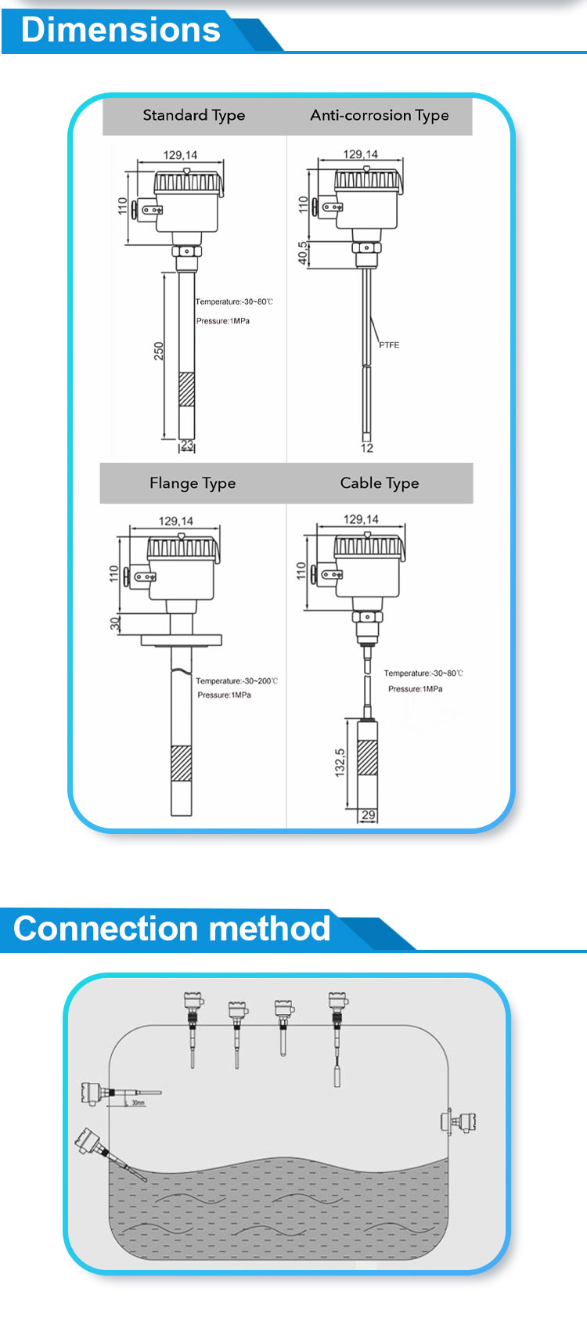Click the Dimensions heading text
pos(121,30)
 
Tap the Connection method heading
pos(172,929)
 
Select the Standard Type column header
pos(193,115)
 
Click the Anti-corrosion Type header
pos(379,115)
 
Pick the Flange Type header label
pos(193,483)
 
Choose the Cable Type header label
pos(379,483)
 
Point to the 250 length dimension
pos(159,350)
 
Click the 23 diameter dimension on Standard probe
pos(187,446)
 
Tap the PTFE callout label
pos(389,345)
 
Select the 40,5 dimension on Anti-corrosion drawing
pos(303,253)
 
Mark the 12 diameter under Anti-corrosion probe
pos(366,448)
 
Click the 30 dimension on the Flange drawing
pos(115,623)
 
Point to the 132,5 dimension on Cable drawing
pos(340,762)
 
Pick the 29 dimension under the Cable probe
pos(368,815)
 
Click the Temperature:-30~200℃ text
pos(236,681)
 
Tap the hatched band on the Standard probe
pos(186,389)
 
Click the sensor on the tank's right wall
pos(460,1121)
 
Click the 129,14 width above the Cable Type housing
pos(361,519)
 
